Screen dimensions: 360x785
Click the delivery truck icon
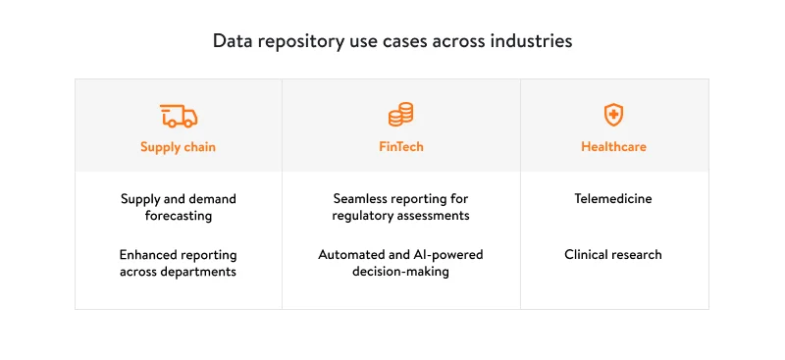[x=178, y=116]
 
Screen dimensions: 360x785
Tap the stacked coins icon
[x=400, y=116]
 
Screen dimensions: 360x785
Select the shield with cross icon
[x=613, y=116]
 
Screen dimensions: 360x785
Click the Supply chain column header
[x=178, y=147]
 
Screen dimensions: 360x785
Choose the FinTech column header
[x=400, y=147]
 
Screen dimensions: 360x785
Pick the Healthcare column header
[x=613, y=147]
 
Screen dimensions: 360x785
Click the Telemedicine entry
[x=613, y=199]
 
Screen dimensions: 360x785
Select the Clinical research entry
[x=613, y=254]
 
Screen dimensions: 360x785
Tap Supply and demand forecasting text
[x=178, y=207]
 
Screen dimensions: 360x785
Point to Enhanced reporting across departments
[x=178, y=263]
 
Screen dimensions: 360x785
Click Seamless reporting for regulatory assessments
[x=400, y=207]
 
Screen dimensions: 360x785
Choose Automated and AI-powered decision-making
[x=400, y=263]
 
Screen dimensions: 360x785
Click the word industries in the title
[x=535, y=42]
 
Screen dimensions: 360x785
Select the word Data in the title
[x=231, y=42]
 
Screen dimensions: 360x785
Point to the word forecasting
[x=178, y=216]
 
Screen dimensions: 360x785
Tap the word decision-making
[x=400, y=272]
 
